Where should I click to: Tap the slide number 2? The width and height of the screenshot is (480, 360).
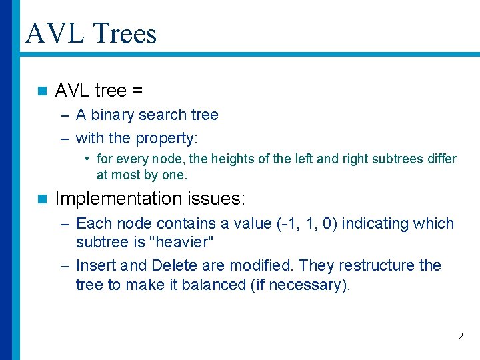click(x=460, y=336)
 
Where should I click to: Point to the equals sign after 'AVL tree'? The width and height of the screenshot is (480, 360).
click(x=138, y=90)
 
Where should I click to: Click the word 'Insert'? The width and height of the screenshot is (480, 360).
click(x=96, y=265)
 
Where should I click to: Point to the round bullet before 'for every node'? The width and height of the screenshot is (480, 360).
click(x=87, y=159)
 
